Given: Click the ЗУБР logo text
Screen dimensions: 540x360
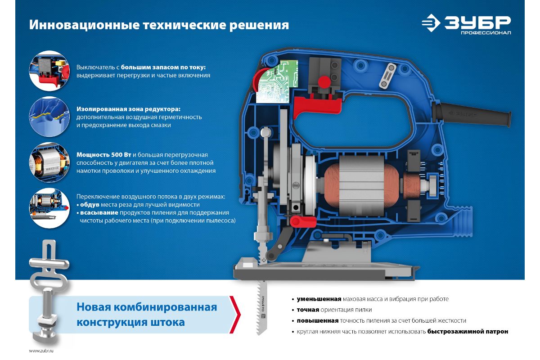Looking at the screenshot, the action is pyautogui.click(x=477, y=22).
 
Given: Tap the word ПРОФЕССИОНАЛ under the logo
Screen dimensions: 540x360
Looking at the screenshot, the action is pyautogui.click(x=486, y=32).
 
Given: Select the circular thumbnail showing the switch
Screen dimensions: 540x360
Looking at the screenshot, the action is pyautogui.click(x=49, y=71).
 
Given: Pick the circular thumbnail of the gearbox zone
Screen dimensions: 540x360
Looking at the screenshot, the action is pyautogui.click(x=49, y=117).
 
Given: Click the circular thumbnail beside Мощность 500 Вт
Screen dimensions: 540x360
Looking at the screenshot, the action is pyautogui.click(x=49, y=162).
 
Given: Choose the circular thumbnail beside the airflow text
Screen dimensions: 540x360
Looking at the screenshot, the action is pyautogui.click(x=49, y=208).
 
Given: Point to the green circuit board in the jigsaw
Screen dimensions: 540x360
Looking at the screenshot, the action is pyautogui.click(x=277, y=82).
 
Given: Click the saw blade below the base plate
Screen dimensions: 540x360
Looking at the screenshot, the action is pyautogui.click(x=261, y=307).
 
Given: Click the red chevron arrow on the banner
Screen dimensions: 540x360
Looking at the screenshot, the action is pyautogui.click(x=235, y=315).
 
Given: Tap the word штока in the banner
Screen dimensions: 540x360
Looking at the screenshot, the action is pyautogui.click(x=168, y=322).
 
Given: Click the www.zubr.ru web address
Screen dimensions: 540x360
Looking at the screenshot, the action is pyautogui.click(x=41, y=351).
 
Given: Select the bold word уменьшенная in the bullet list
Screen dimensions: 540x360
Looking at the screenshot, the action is pyautogui.click(x=319, y=299).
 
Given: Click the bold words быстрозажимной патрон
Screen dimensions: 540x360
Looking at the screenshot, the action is pyautogui.click(x=468, y=332).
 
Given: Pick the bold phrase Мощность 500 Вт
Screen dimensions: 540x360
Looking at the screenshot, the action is pyautogui.click(x=104, y=154).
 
